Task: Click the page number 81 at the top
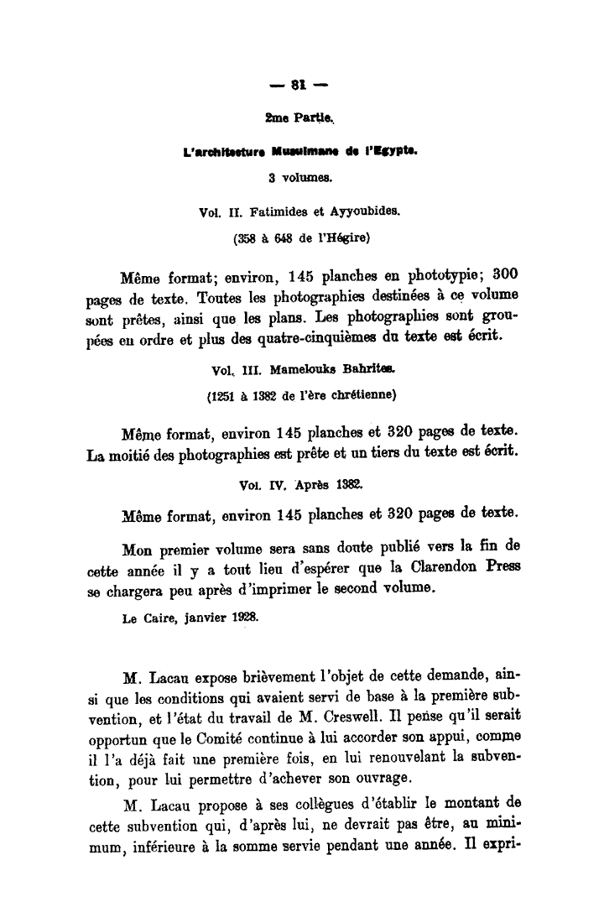pyautogui.click(x=295, y=83)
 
